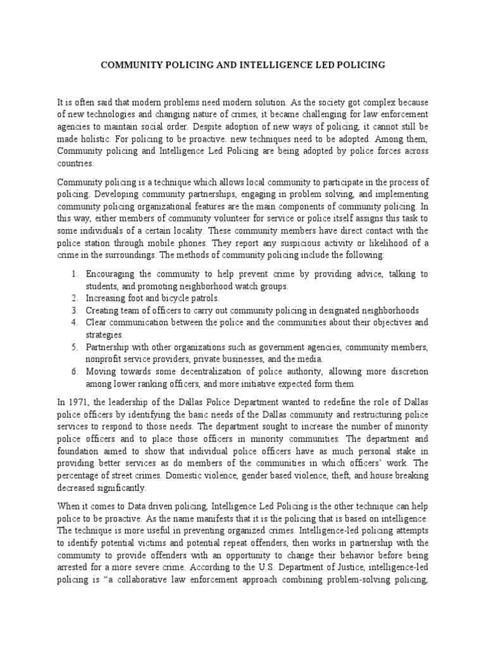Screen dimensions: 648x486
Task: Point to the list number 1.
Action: click(74, 273)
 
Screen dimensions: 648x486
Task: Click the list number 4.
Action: click(74, 322)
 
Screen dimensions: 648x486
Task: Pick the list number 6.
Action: click(74, 371)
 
